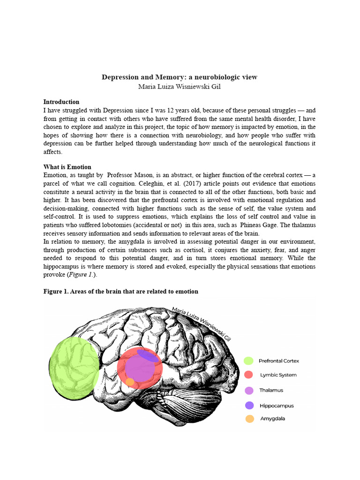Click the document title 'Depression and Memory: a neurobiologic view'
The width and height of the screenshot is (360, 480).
180,77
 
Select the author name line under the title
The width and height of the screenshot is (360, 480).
180,87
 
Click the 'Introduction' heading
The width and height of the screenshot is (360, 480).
61,102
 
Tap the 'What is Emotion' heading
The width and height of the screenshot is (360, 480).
67,167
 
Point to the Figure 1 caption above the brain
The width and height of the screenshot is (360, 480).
121,292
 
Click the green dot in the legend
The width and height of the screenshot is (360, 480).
248,361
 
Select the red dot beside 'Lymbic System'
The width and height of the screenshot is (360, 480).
248,375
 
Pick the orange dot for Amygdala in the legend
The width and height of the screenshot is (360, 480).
249,419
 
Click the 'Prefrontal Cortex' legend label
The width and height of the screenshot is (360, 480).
279,361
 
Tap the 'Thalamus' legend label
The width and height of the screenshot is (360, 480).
271,390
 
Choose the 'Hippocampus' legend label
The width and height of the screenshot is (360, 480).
277,405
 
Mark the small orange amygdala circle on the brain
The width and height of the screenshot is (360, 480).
130,382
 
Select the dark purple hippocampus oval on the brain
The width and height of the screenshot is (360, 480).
147,356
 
